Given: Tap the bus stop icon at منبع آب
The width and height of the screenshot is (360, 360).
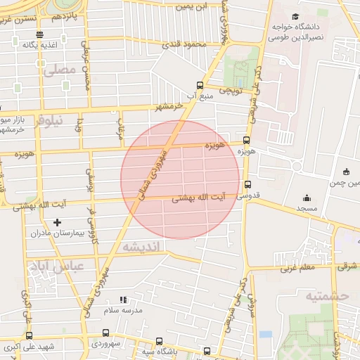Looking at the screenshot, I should pos(200,85).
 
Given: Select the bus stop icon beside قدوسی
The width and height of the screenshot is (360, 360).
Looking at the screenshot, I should pos(245,188).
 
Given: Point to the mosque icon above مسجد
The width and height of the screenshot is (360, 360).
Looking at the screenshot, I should pos(306,198).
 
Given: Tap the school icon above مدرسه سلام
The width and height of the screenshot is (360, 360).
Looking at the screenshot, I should pos(123,300).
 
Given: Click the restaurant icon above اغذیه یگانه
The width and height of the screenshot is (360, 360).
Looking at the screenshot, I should pos(39,34).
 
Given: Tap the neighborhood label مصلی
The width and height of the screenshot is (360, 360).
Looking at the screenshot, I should pos(58,71).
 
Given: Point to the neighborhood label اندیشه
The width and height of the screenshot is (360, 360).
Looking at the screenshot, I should pos(141,247).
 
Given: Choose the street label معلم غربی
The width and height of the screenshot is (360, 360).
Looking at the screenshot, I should pos(297,268).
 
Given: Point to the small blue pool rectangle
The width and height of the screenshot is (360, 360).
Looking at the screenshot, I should pos(264,334).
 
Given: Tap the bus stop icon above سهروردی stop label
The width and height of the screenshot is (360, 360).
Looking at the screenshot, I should pos(105,333).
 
